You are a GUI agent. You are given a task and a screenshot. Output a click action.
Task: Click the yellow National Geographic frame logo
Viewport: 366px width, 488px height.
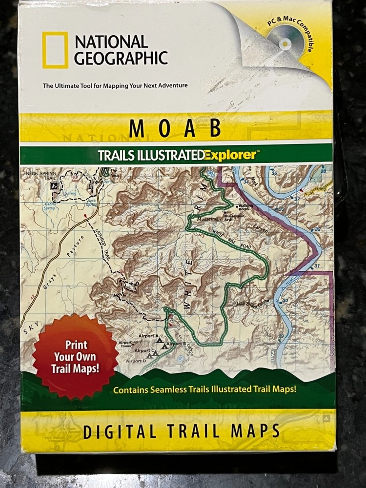coord(55,50)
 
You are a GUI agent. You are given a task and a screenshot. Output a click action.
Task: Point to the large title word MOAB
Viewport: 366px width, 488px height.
coord(175,128)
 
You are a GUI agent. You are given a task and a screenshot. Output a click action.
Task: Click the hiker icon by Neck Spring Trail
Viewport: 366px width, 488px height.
coord(57,185)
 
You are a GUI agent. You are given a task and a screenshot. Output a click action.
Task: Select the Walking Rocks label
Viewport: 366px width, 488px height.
coord(245,208)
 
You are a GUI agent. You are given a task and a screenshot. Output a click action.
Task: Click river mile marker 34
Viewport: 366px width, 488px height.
coord(246,182)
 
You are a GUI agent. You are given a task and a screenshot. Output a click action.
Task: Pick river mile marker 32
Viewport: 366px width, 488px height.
coord(317,229)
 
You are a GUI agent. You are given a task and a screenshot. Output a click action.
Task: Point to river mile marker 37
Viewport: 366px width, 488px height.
coord(297,199)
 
